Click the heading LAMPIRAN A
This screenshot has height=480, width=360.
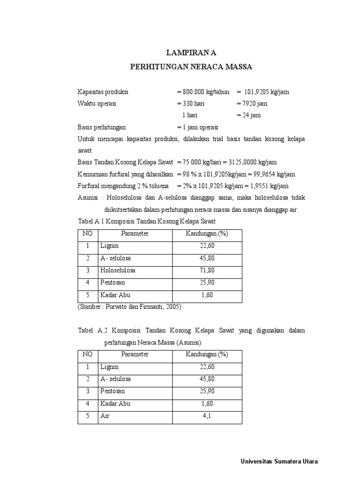(x=191, y=52)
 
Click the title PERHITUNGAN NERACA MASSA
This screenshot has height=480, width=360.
(x=191, y=67)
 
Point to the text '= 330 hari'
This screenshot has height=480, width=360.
(x=191, y=104)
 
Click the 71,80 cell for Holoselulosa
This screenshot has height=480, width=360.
(x=207, y=270)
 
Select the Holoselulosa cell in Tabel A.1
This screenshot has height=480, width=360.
(x=115, y=270)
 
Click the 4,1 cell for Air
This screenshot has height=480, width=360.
(x=207, y=416)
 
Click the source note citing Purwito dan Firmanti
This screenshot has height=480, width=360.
(x=129, y=307)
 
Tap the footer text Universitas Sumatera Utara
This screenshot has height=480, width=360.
(x=279, y=461)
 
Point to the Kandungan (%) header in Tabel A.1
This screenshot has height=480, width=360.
(x=207, y=233)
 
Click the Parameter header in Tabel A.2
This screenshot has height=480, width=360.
(x=135, y=354)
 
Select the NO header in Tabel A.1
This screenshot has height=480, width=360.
(x=88, y=233)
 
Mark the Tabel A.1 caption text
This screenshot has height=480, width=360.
(x=146, y=221)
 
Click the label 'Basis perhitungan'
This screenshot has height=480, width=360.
(x=102, y=127)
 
